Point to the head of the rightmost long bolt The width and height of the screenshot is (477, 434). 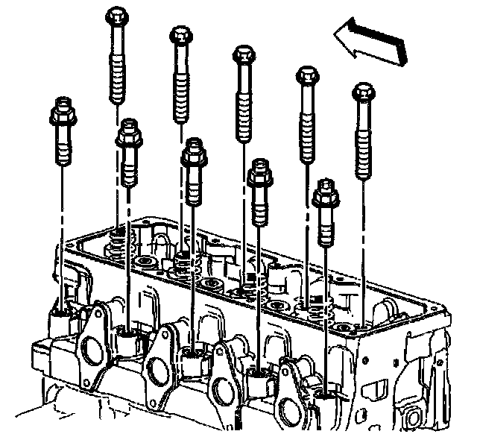coord(362,92)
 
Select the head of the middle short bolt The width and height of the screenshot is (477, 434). coord(193,151)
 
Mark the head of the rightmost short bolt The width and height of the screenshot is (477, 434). coord(325,192)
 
